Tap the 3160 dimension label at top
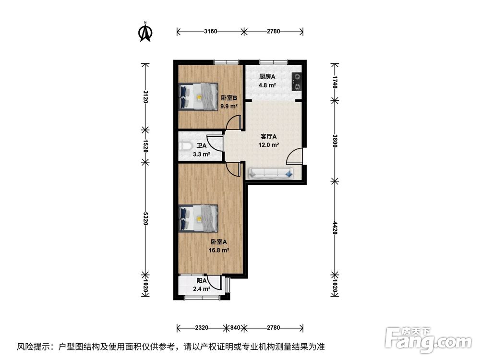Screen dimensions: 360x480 (x=210, y=32)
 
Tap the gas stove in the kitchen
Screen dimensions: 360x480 (x=297, y=81)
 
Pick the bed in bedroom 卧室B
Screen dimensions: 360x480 (x=198, y=96)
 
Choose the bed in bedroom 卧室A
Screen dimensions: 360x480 (x=198, y=218)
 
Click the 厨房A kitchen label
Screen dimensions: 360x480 (x=267, y=77)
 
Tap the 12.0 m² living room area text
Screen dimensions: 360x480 (x=269, y=145)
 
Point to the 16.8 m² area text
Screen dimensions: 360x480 (x=219, y=250)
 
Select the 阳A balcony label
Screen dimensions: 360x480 (x=202, y=281)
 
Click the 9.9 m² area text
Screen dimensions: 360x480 (x=229, y=106)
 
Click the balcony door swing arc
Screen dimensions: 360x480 (x=217, y=283)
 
